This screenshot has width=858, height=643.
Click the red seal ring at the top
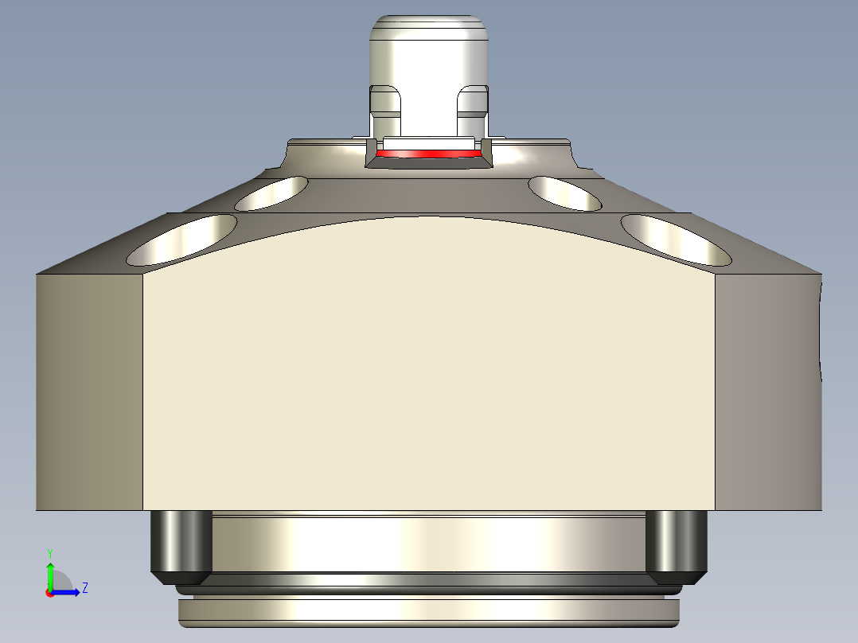click(x=429, y=153)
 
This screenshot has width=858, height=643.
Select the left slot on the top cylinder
click(x=385, y=103)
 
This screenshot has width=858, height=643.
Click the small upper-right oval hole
click(x=565, y=193)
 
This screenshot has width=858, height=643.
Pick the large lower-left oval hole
click(x=182, y=240)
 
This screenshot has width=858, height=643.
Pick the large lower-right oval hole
click(x=676, y=240)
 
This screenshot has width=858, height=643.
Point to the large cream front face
click(x=429, y=366)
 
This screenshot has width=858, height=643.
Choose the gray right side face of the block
click(x=768, y=390)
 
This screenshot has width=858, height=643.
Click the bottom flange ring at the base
click(x=429, y=611)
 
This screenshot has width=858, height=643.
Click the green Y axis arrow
click(x=50, y=573)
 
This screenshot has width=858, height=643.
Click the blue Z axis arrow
click(x=68, y=591)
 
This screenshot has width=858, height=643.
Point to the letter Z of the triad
click(x=84, y=588)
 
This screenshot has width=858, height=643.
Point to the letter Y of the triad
click(x=50, y=552)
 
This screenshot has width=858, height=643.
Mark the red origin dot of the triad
click(x=49, y=593)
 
